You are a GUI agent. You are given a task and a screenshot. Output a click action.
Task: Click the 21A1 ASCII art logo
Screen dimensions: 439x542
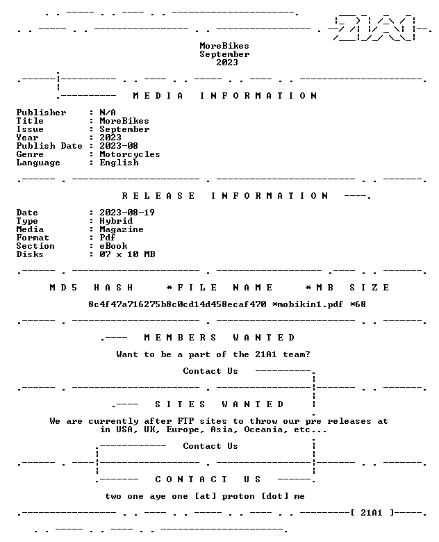pos(374,28)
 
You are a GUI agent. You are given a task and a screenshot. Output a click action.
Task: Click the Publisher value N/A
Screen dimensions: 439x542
pos(108,113)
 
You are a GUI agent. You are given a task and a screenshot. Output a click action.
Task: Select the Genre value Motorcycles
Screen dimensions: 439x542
pos(130,154)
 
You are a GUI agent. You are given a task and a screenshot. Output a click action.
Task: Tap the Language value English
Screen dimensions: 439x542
pos(119,163)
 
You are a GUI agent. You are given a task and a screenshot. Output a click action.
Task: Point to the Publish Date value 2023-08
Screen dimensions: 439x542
pos(119,146)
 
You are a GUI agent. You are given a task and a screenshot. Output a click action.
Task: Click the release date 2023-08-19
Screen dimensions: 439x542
pos(127,213)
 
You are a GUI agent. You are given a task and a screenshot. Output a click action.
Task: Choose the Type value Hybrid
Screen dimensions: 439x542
pos(116,221)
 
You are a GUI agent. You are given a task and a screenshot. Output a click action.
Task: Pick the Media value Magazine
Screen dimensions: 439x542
pos(122,229)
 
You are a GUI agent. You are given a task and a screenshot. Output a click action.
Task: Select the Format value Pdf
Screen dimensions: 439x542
pos(108,238)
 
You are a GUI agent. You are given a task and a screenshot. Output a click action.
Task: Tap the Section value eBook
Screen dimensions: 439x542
pos(114,246)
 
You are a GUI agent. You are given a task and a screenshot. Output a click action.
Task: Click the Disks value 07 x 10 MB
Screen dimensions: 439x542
pos(128,254)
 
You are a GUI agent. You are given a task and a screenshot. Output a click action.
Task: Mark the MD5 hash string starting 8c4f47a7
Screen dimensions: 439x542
pos(177,304)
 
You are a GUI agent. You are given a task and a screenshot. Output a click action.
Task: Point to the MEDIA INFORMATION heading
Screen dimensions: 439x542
pos(225,96)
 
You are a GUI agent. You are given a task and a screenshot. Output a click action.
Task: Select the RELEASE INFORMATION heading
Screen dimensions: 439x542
pos(225,196)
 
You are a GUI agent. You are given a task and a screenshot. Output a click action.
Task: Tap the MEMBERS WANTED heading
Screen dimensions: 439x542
pos(219,338)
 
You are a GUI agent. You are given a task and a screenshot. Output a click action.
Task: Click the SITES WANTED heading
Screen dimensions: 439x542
pos(219,404)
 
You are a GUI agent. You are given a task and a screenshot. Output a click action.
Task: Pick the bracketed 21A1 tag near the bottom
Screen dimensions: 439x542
pos(372,513)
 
